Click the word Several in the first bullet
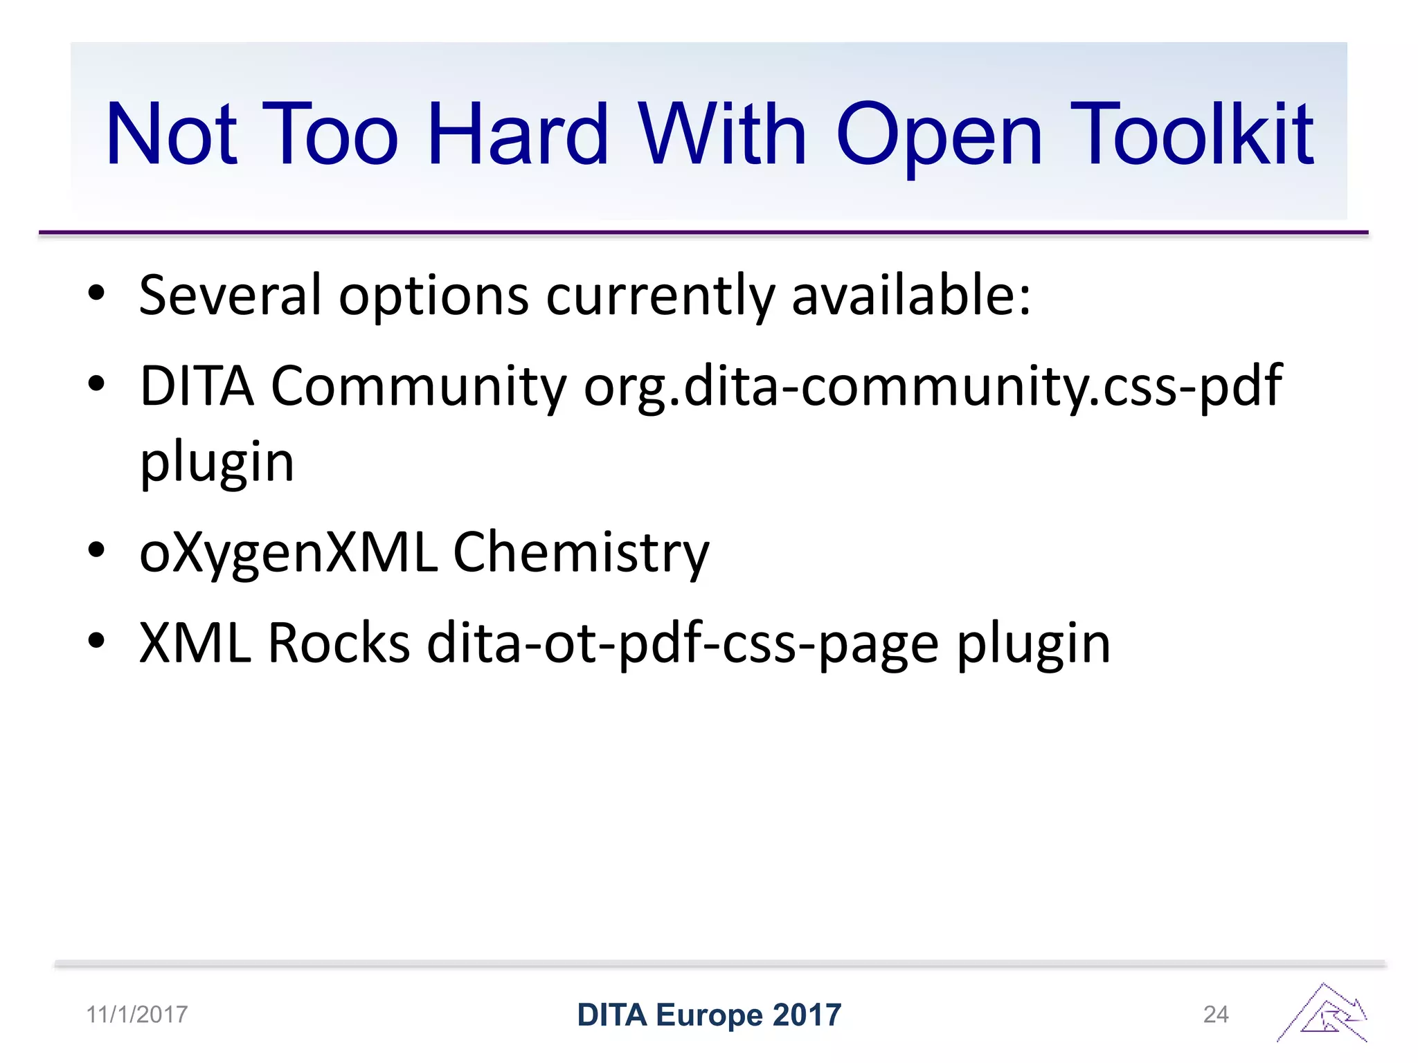point(230,296)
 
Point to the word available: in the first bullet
point(911,296)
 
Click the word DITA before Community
point(197,386)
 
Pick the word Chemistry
point(581,552)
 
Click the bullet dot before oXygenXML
point(96,551)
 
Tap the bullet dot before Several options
point(96,293)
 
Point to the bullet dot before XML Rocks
point(96,641)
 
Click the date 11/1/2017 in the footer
point(136,1015)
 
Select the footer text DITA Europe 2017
point(709,1015)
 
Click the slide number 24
point(1216,1015)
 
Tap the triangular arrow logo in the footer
point(1322,1014)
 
